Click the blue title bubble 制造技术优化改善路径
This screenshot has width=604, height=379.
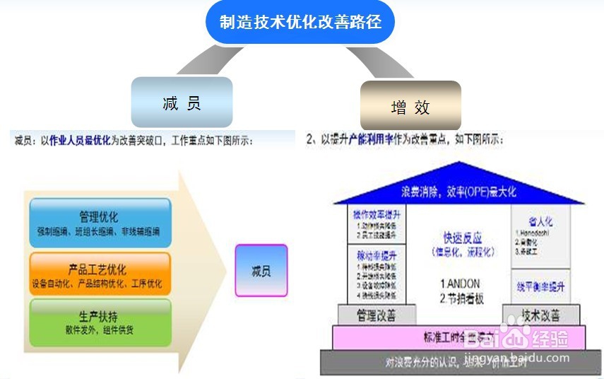pos(300,23)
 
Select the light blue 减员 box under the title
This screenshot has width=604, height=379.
pos(182,103)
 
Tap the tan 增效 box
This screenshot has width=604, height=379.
pos(410,107)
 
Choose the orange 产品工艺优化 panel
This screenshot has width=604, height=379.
pos(100,275)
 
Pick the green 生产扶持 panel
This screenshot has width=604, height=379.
pos(100,322)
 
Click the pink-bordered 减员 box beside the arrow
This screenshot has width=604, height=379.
pos(261,271)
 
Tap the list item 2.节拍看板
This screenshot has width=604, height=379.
pos(461,298)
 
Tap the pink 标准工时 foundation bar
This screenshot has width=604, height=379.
pos(452,337)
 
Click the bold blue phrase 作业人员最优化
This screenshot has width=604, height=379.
pos(80,141)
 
